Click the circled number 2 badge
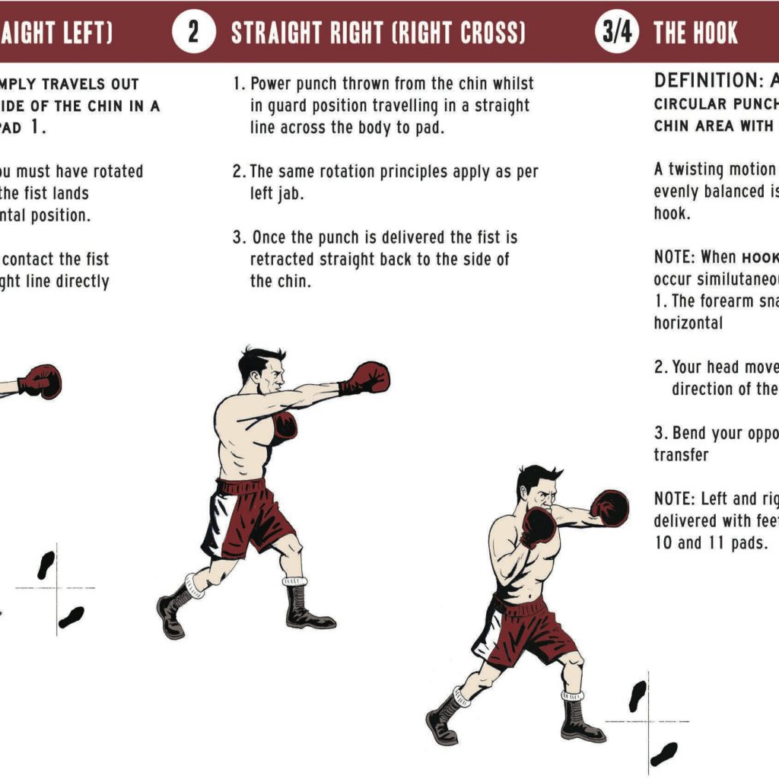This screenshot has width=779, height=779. click(192, 33)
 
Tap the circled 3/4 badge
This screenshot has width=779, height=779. click(616, 33)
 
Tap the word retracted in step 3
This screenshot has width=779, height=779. click(286, 259)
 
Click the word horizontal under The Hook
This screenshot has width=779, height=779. click(688, 323)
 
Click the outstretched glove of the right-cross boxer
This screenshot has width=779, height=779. click(370, 378)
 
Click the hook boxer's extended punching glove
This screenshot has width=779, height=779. click(610, 508)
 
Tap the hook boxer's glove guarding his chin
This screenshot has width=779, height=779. click(539, 525)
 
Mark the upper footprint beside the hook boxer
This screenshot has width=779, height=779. click(637, 695)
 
